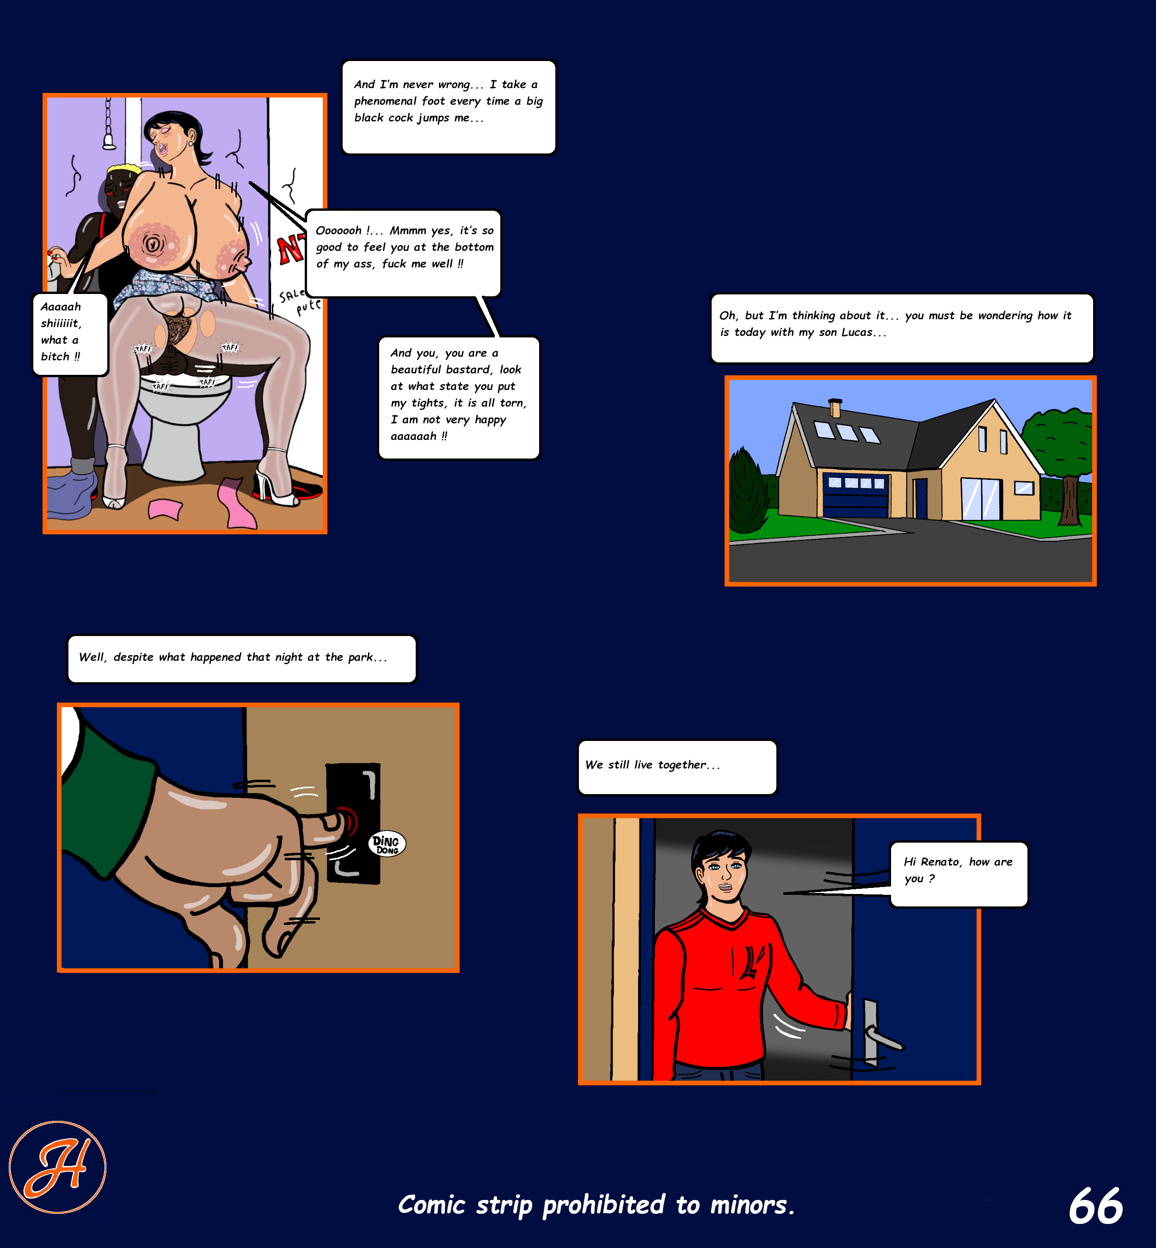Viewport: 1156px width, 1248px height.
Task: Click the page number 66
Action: coord(1095,1206)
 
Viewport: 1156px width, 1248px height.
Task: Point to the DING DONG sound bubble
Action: coord(387,844)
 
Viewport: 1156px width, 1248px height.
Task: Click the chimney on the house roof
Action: coord(835,408)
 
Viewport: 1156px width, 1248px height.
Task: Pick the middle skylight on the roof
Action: coord(848,432)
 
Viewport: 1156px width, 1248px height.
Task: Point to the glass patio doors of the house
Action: coord(981,499)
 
